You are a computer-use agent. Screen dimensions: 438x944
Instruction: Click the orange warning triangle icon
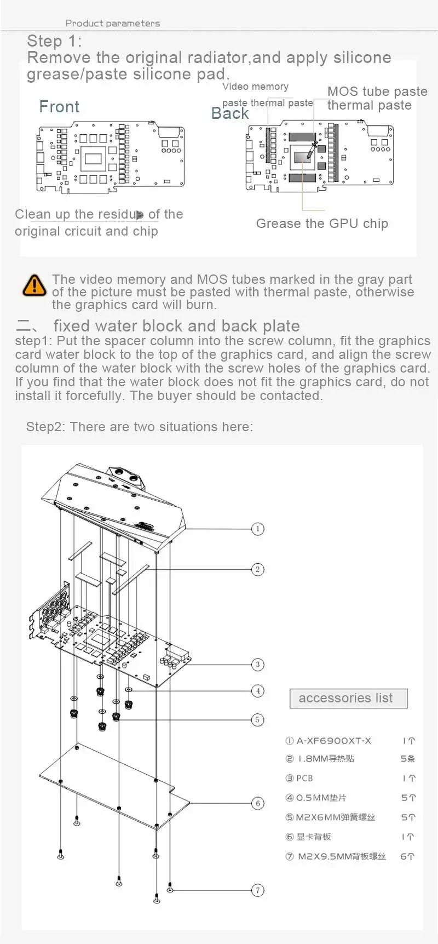tap(34, 285)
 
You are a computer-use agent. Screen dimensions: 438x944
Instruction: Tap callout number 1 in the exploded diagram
tap(257, 529)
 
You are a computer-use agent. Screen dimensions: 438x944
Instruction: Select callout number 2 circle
tap(257, 569)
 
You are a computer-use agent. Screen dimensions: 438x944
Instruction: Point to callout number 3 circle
tap(258, 665)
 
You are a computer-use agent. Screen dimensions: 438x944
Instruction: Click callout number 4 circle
tap(258, 691)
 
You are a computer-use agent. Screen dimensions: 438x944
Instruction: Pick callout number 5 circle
tap(257, 719)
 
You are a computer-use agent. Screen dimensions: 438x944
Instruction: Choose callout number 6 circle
tap(258, 803)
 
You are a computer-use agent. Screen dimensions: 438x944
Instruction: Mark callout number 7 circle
tap(258, 890)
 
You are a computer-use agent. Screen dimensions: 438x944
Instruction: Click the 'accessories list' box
tap(349, 698)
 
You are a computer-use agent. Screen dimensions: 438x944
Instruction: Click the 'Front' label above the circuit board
tap(59, 107)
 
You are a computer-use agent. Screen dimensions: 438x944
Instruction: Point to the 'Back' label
tap(230, 113)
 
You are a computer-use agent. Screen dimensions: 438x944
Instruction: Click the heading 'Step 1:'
tap(54, 41)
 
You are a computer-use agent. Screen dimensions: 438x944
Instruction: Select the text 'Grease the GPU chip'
tap(322, 224)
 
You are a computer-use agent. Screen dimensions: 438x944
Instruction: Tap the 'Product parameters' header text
tap(113, 23)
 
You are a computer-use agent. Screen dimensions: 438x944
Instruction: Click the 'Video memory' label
tap(255, 87)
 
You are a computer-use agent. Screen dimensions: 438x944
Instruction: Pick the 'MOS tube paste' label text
tap(377, 91)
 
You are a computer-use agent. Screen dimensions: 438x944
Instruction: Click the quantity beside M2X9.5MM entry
tap(407, 856)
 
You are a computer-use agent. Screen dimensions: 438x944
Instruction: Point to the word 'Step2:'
tap(45, 427)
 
